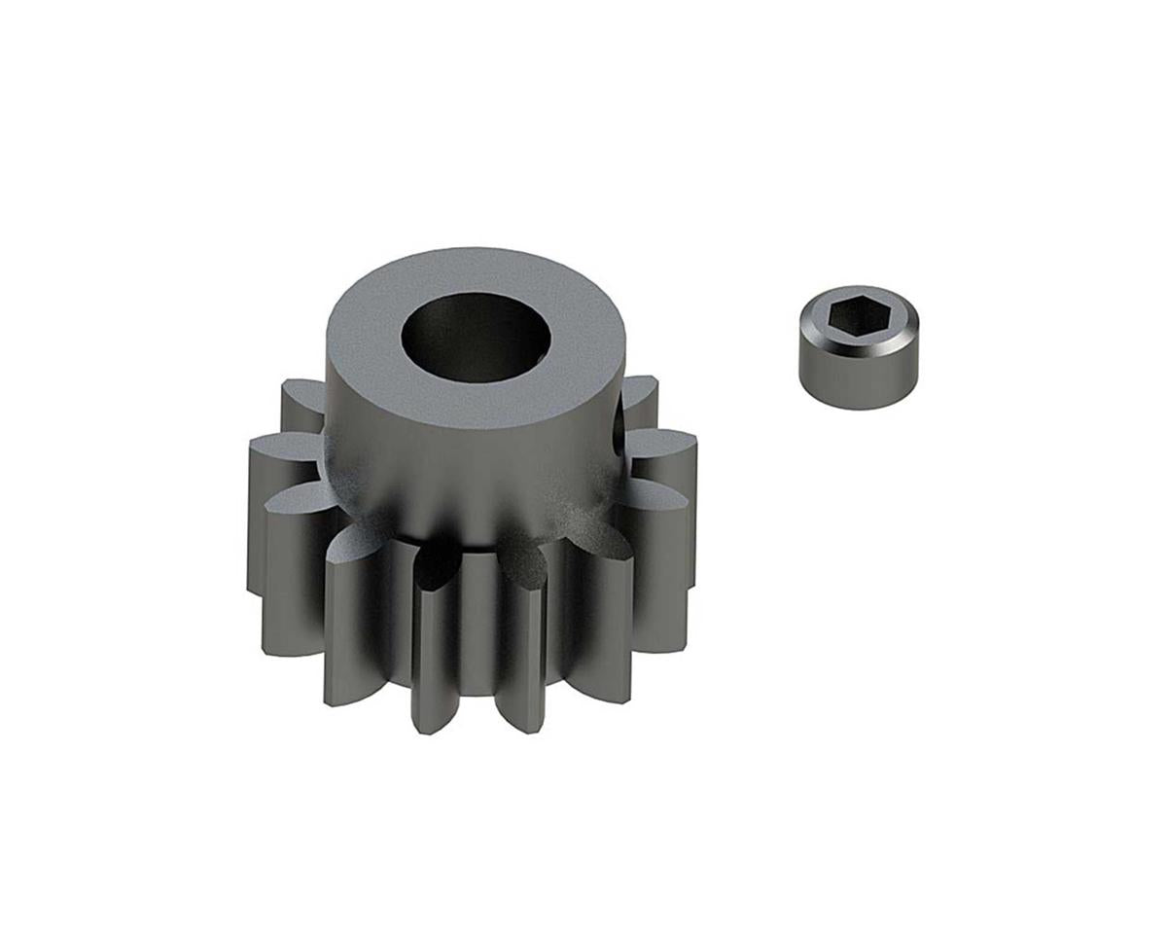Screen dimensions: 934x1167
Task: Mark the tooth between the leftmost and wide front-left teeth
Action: tap(292, 564)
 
